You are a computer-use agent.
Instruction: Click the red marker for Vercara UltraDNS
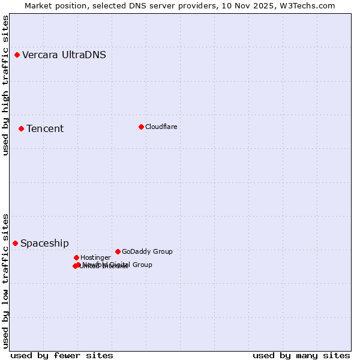click(17, 55)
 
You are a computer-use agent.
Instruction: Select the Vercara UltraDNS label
click(64, 55)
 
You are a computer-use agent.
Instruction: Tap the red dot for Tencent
click(21, 128)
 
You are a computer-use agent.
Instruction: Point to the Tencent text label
click(45, 129)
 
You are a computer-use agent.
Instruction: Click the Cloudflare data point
click(141, 127)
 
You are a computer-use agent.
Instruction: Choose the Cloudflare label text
click(161, 127)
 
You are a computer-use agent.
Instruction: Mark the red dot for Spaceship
click(15, 243)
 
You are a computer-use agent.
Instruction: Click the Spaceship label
click(44, 244)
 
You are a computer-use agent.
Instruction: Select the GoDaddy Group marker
click(118, 251)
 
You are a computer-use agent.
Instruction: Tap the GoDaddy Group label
click(147, 252)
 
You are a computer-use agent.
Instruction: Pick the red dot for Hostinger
click(76, 257)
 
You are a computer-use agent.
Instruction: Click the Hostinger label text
click(95, 258)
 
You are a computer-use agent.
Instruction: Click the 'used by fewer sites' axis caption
click(62, 356)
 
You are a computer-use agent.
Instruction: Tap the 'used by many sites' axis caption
click(301, 356)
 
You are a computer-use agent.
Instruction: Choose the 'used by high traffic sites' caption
click(5, 85)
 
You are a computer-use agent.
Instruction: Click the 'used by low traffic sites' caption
click(5, 281)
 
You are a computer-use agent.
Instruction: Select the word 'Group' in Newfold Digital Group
click(142, 265)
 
